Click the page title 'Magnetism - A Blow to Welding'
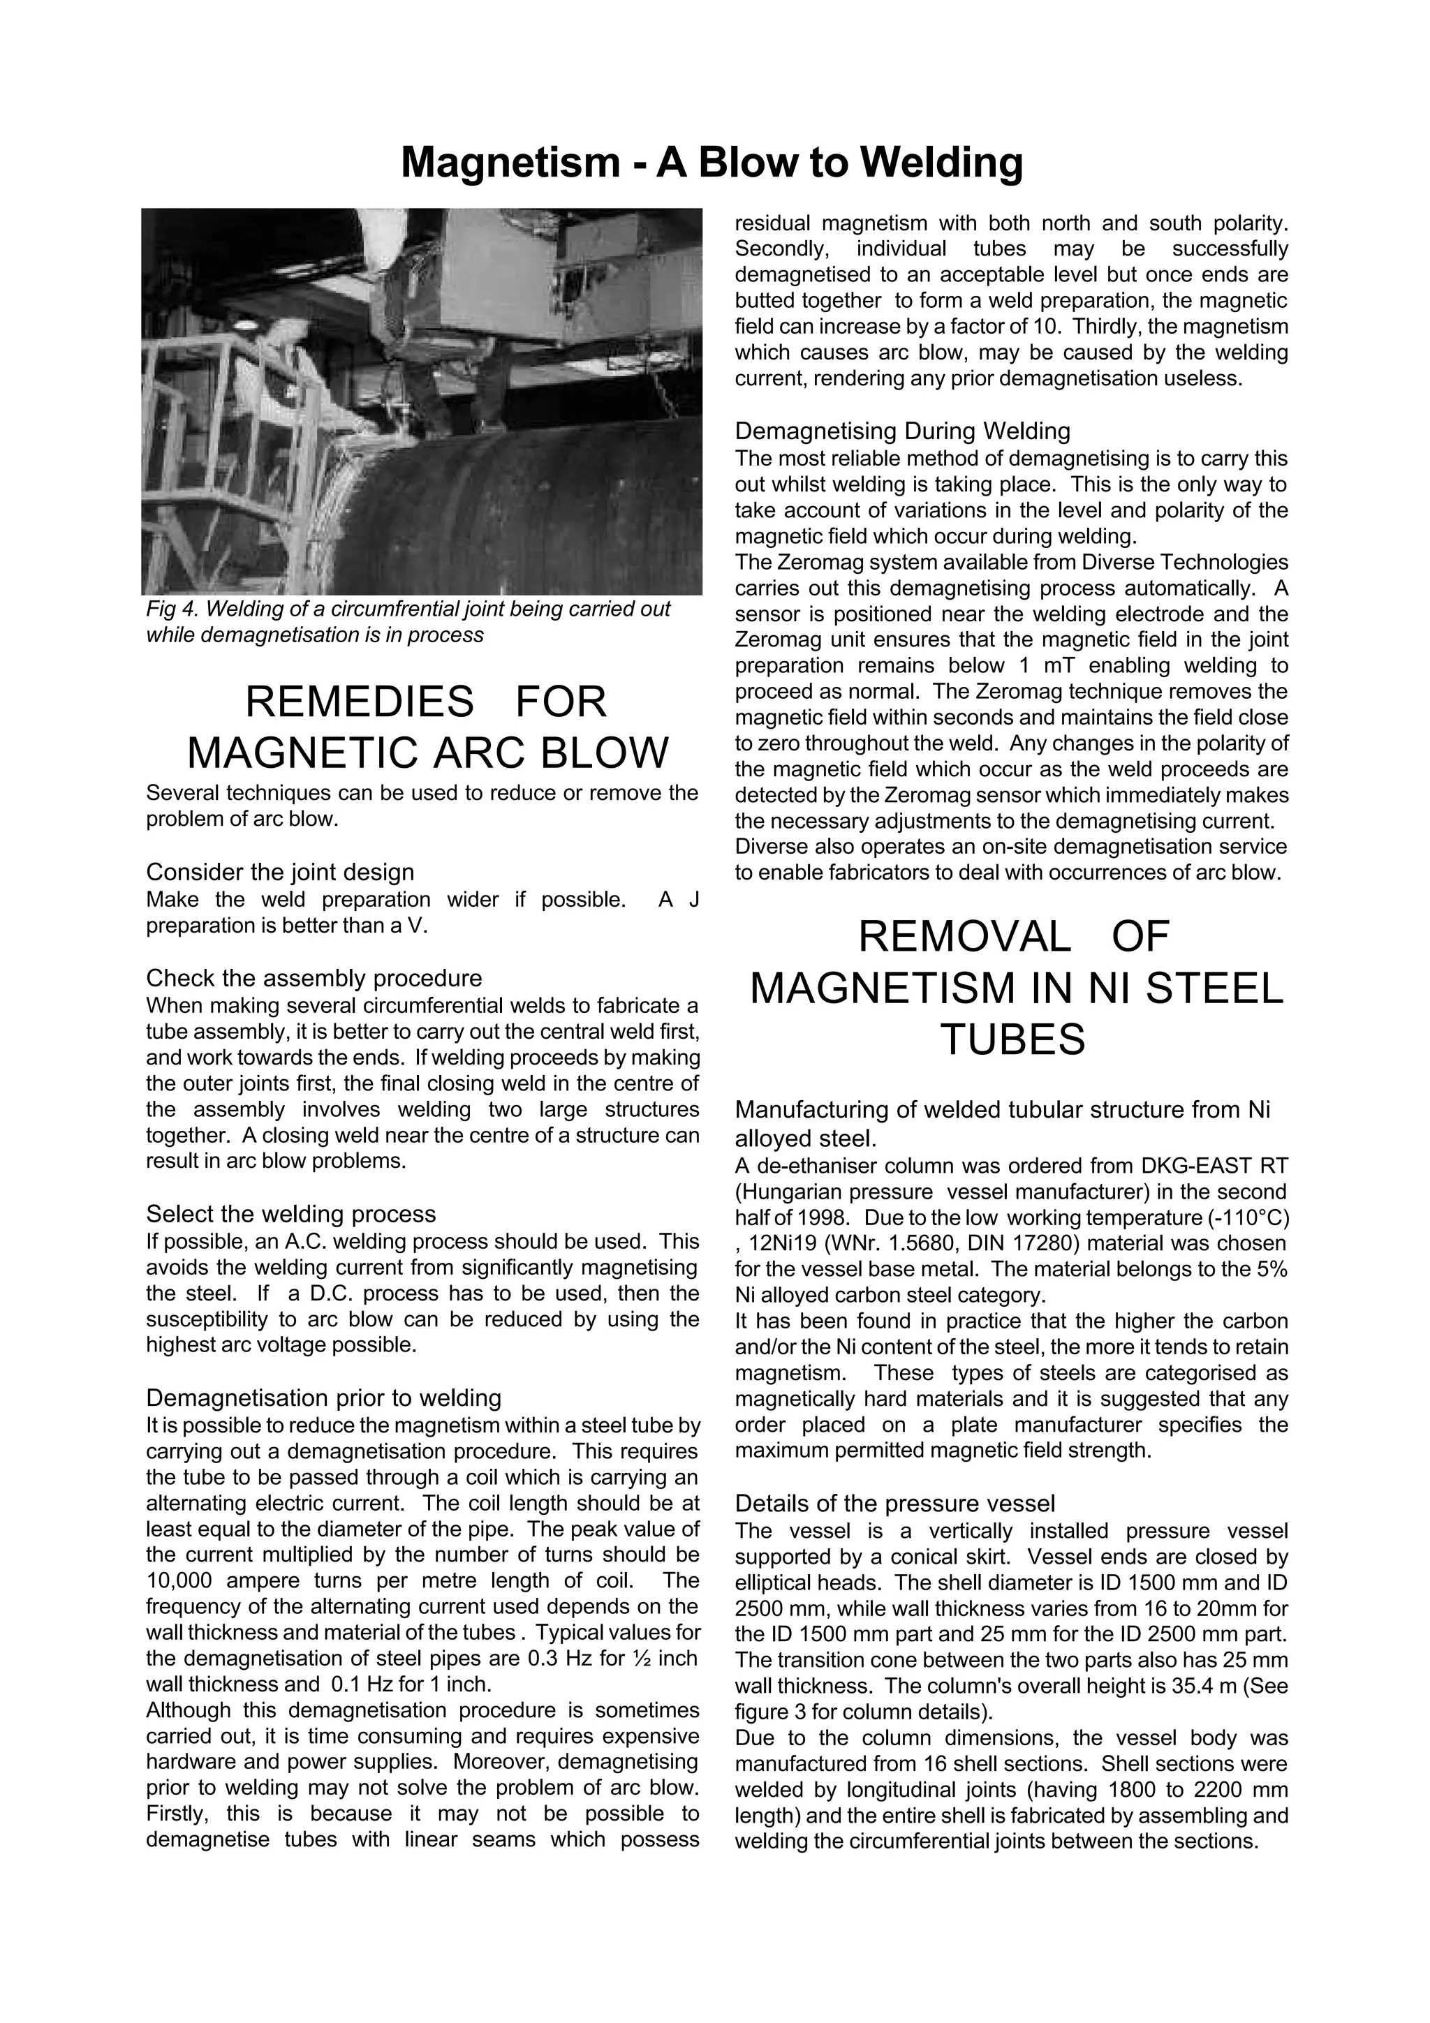pos(712,163)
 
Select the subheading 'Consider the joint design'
pos(279,873)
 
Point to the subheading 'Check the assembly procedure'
pos(314,978)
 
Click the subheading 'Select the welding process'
pos(290,1214)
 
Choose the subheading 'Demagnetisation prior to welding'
pos(323,1398)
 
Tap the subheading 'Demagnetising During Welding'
pos(902,431)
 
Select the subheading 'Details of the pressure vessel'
pos(894,1503)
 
